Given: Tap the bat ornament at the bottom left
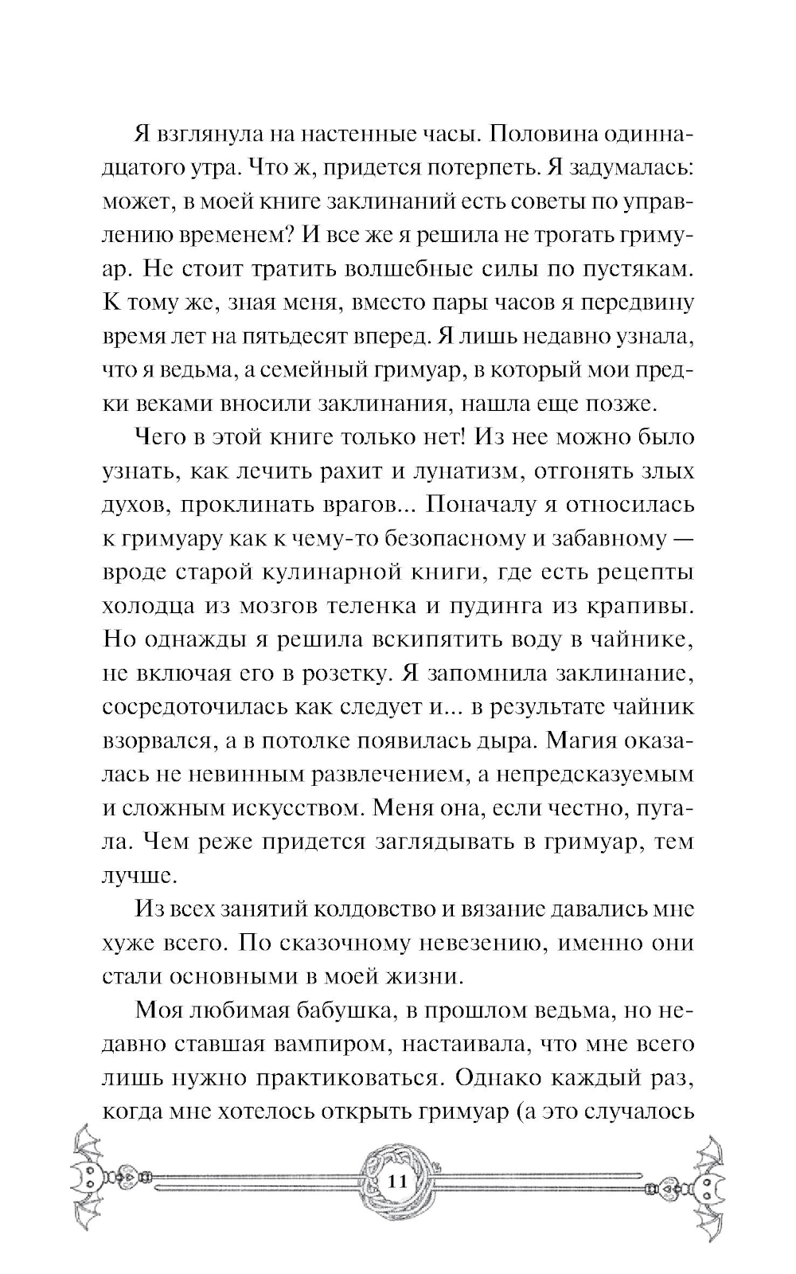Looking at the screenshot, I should [x=89, y=1180].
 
